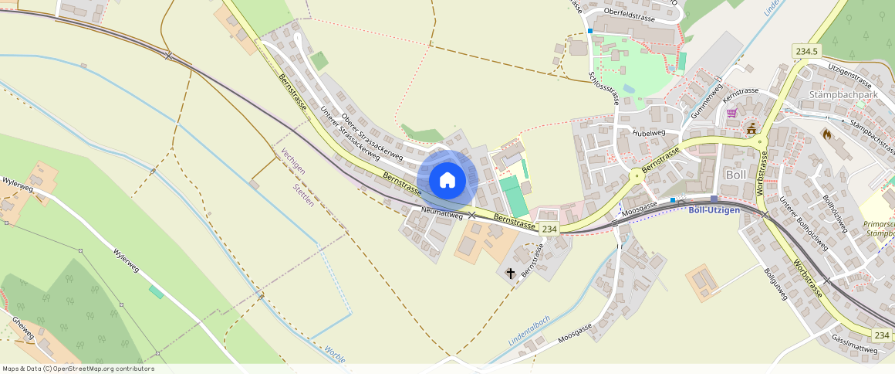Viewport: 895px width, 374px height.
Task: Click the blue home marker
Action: click(447, 180)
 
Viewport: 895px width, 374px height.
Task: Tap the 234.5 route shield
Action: click(806, 51)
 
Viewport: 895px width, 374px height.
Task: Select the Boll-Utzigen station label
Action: click(714, 210)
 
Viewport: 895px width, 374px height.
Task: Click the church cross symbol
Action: click(510, 273)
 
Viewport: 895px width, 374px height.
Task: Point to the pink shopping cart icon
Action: click(731, 113)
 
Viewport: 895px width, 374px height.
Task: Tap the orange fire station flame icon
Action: click(826, 134)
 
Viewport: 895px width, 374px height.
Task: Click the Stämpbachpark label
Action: click(843, 95)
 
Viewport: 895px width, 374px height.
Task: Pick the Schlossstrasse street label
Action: click(603, 87)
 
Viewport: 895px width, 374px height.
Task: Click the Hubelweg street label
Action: click(648, 133)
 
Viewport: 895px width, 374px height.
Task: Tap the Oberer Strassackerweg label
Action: click(372, 132)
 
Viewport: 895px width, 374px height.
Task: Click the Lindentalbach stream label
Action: click(529, 330)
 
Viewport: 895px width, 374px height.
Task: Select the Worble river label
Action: click(334, 354)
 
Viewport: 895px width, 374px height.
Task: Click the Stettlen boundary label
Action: click(303, 195)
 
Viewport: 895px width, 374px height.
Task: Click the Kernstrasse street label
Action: click(741, 91)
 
